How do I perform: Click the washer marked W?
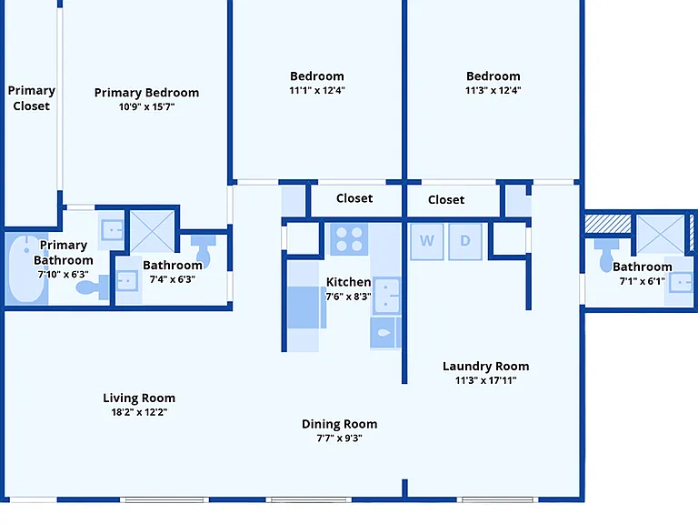point(427,241)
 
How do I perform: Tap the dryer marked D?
point(465,241)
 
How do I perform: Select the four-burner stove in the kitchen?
point(349,239)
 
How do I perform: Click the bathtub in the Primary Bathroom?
point(27,268)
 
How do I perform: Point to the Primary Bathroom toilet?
point(94,287)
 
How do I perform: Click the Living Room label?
point(139,398)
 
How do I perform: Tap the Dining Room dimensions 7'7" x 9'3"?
point(339,438)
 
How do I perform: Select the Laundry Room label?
point(485,367)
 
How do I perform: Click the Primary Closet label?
point(31,98)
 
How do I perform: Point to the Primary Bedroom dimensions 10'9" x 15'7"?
point(146,106)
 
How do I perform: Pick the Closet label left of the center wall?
point(354,198)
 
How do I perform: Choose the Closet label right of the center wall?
point(446,199)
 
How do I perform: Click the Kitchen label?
point(349,282)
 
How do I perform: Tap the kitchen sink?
point(386,295)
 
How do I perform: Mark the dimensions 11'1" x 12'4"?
point(317,90)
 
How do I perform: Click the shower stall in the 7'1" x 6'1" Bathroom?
point(660,234)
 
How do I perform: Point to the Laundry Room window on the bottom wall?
point(498,500)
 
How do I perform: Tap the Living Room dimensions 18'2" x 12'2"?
point(139,412)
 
